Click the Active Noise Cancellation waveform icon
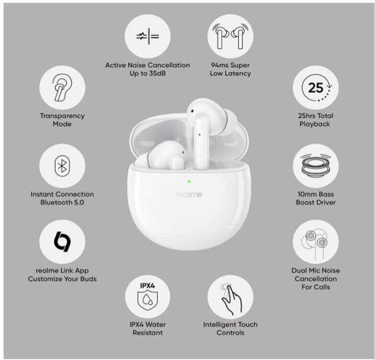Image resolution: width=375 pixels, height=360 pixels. tap(147, 36)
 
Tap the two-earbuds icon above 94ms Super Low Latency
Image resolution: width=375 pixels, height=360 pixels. tap(231, 36)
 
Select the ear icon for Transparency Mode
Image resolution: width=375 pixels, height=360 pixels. tap(62, 87)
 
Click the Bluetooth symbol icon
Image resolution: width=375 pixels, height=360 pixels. tap(62, 166)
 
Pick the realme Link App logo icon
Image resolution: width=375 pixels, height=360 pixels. tap(62, 241)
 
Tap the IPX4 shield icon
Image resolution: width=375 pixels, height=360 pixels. tap(147, 297)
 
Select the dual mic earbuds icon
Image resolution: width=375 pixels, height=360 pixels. tap(315, 245)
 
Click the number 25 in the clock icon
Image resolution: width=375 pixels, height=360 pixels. tap(316, 88)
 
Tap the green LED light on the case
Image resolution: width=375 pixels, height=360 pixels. tap(189, 181)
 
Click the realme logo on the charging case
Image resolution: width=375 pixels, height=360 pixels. tap(188, 194)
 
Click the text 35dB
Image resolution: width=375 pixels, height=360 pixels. tap(157, 73)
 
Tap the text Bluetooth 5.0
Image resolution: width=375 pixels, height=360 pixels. tap(62, 202)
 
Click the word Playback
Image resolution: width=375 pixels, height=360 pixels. tap(315, 124)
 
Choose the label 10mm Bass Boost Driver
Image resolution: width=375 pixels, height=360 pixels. tap(316, 198)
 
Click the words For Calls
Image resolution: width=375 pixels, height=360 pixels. tap(316, 287)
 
